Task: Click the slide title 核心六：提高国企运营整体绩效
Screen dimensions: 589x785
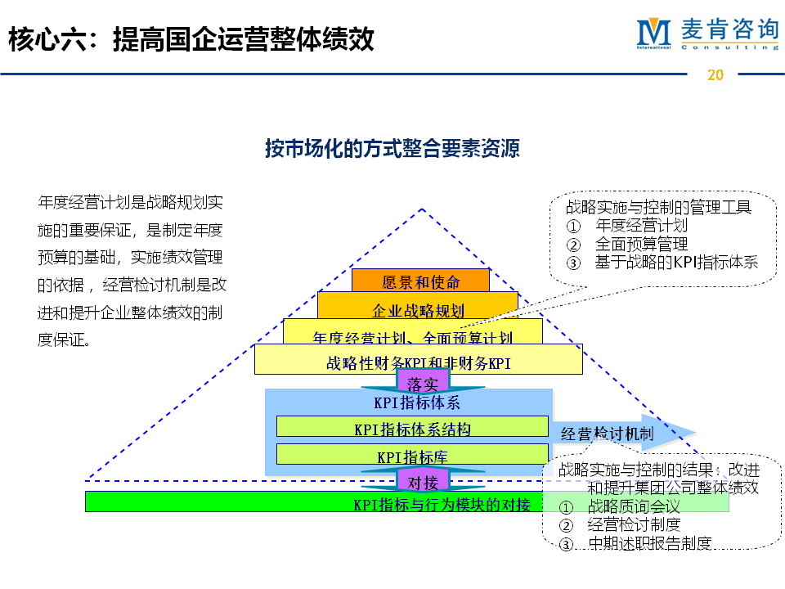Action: tap(191, 39)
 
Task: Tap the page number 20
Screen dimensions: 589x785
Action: tap(715, 75)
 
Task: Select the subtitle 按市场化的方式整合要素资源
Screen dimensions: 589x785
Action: tap(392, 149)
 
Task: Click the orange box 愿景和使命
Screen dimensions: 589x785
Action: tap(420, 282)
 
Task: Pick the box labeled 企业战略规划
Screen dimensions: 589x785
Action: tap(418, 310)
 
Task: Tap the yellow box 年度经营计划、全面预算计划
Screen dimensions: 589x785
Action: tap(412, 337)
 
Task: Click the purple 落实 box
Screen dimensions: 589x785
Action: tap(423, 383)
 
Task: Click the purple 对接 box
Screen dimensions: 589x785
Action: tap(423, 482)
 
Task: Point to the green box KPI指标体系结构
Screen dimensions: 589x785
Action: tap(412, 428)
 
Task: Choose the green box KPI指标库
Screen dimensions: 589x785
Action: tap(412, 456)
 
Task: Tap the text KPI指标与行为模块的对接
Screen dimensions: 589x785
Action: tap(442, 504)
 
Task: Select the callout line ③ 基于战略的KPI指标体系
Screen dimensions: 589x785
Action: tap(662, 263)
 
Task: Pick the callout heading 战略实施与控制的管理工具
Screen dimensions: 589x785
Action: tap(658, 207)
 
